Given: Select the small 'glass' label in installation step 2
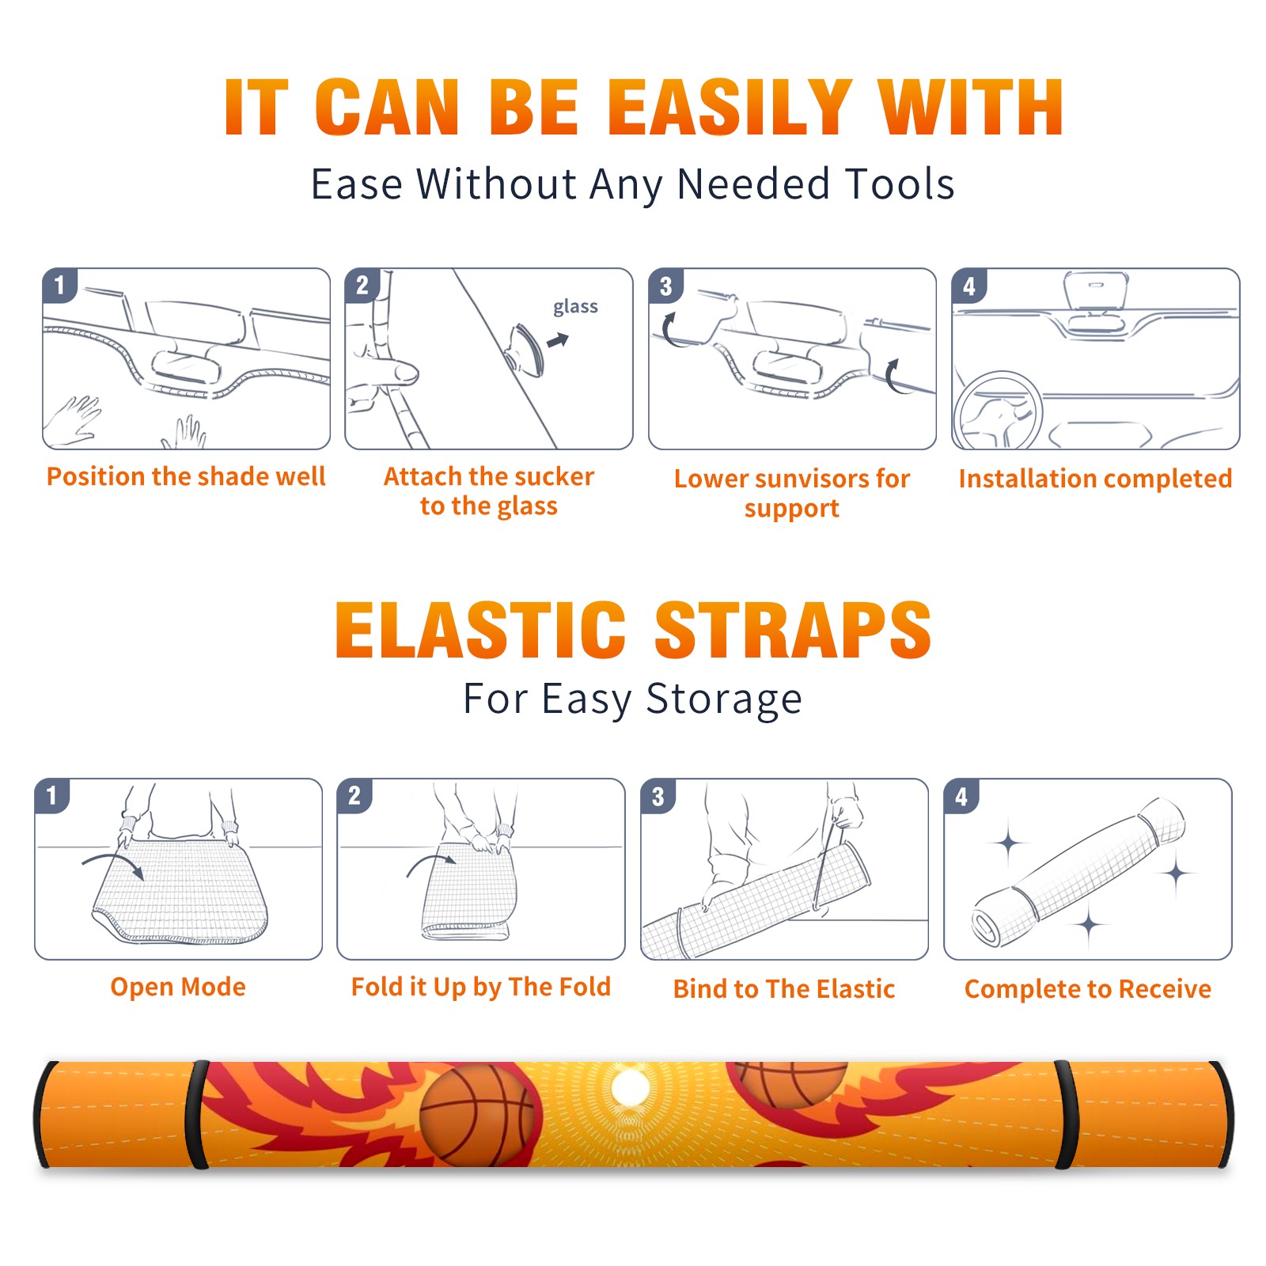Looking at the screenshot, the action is coord(575,307).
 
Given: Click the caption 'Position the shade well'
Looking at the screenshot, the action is coord(186,476).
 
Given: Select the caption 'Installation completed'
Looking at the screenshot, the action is coord(1095,478).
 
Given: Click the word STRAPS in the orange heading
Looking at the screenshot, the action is coord(793,630).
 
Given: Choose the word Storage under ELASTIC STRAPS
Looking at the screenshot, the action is coord(724,699).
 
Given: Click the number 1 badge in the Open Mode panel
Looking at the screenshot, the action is coord(52,795).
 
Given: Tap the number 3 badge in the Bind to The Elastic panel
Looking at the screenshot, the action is coord(658,796).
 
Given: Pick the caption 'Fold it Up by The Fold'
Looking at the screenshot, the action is coord(481,987).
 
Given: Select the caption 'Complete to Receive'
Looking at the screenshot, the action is coord(1088,989).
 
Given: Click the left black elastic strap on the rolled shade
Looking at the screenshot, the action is coord(197,1115).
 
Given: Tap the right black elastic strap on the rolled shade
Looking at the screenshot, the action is coord(1065,1115).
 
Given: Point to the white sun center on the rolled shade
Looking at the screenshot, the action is coord(631,1089).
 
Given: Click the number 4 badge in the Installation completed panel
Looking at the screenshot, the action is coord(969,286).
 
